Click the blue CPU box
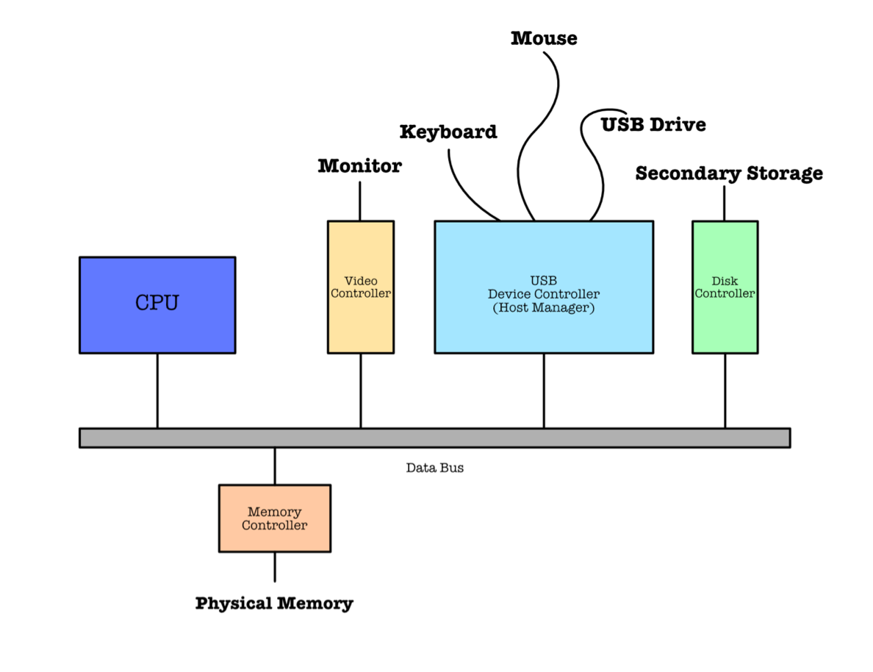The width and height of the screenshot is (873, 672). (157, 304)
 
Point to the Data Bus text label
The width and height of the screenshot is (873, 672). (435, 468)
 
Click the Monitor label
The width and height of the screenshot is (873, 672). (359, 166)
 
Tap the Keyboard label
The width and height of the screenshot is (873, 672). (448, 132)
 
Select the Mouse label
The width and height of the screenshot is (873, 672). (544, 38)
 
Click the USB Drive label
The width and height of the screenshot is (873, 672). (653, 125)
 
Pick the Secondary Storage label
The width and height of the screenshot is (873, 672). (729, 174)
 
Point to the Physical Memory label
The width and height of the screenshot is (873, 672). (274, 604)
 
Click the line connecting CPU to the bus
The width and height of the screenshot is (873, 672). (157, 390)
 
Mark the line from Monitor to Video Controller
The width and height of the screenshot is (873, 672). (360, 201)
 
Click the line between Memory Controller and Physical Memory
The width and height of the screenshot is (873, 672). (275, 567)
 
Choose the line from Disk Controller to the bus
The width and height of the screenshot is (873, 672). (725, 390)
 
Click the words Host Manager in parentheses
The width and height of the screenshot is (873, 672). (543, 308)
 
